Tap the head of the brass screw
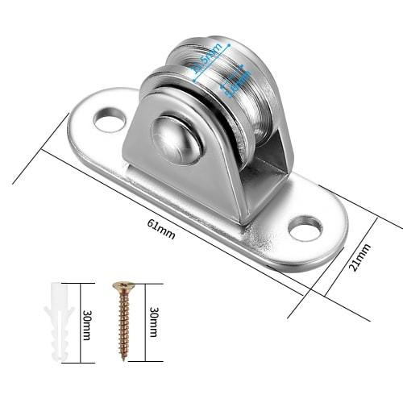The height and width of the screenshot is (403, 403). pyautogui.click(x=122, y=285)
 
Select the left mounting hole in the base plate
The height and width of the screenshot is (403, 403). pyautogui.click(x=105, y=122)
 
